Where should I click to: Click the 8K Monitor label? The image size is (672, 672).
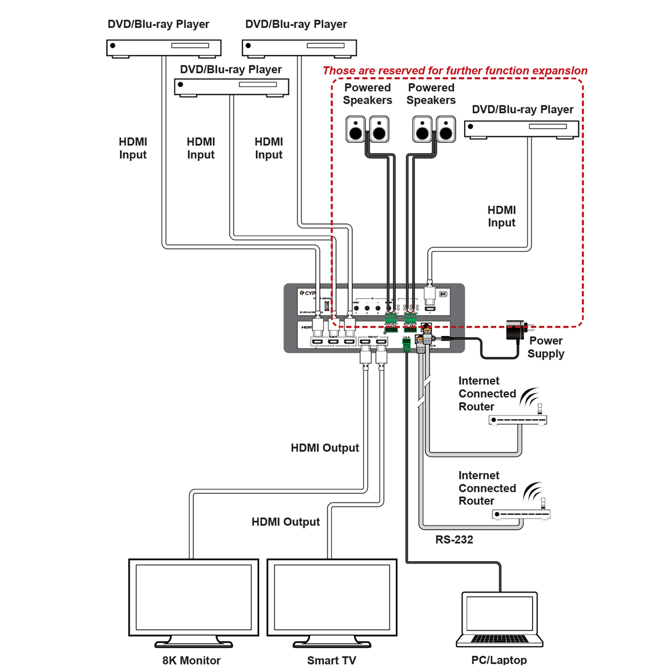coord(192,660)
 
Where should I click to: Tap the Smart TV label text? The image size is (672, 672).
coord(331,660)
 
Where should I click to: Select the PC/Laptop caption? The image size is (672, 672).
coord(499,660)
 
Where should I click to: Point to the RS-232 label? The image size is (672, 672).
coord(454,540)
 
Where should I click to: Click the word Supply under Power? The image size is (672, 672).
coord(545,354)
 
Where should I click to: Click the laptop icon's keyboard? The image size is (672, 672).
coord(499,639)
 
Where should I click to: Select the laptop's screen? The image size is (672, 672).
coord(499,613)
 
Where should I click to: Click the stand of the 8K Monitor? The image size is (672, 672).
coord(193,641)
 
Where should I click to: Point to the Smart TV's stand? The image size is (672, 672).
coord(332,641)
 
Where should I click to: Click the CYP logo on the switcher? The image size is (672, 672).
coord(307,293)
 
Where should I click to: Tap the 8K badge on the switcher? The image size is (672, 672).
coord(443,293)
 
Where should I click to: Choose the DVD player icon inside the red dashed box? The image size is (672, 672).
coord(521,129)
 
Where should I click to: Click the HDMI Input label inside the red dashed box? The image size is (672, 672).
coord(501,216)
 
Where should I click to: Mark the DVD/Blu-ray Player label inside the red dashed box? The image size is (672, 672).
coord(522,110)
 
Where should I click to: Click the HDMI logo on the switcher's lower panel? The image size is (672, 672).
coord(307,327)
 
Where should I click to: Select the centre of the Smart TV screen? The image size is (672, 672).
coord(332,596)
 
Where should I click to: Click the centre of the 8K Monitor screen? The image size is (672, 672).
coord(193,596)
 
